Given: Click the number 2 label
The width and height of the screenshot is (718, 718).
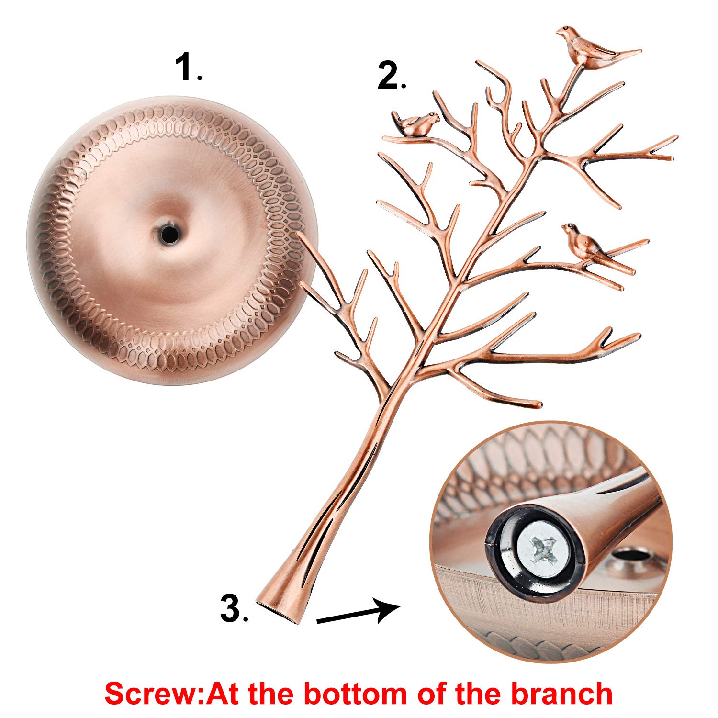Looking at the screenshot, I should point(390,76).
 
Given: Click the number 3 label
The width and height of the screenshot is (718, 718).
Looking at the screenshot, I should point(233,608).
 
